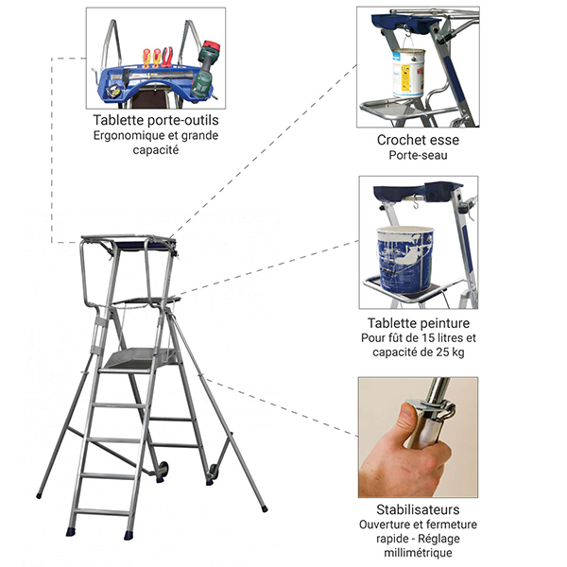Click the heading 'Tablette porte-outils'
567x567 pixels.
(x=156, y=120)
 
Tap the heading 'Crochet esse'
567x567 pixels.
(x=418, y=140)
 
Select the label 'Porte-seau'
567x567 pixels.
(x=418, y=155)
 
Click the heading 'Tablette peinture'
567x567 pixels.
(x=419, y=323)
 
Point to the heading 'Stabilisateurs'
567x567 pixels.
(x=418, y=509)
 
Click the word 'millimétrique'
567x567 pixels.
(x=418, y=553)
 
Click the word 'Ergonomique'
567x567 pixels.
(x=125, y=136)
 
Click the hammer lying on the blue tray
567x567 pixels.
(x=156, y=77)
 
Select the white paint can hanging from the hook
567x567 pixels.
(x=408, y=73)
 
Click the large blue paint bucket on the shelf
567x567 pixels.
(x=405, y=259)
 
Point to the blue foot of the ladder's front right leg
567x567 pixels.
(x=129, y=535)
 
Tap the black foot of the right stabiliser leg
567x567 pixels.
(x=265, y=508)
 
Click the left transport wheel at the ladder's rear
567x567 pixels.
(x=163, y=469)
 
